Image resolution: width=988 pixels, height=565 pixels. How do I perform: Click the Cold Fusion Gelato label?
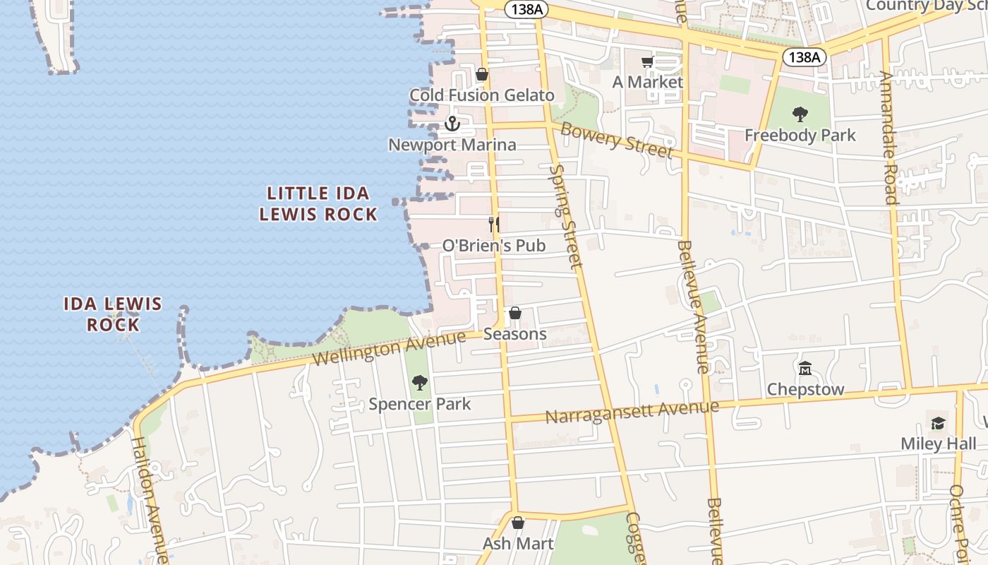click(x=482, y=95)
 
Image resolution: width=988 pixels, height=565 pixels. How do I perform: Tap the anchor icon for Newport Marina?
click(x=452, y=124)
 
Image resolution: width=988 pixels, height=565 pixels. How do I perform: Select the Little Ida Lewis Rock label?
click(x=318, y=203)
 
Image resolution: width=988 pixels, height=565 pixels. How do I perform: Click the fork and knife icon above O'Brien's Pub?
click(x=494, y=225)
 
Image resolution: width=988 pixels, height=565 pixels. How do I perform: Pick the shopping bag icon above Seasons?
click(x=515, y=313)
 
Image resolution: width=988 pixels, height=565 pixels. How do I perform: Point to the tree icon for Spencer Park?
click(x=420, y=383)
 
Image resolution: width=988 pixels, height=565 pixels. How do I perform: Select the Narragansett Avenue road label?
click(x=632, y=411)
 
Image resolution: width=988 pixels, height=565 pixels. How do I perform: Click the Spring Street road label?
click(x=567, y=215)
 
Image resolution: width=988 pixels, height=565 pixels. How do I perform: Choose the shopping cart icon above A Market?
click(x=647, y=62)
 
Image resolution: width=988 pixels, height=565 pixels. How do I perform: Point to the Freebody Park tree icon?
click(x=800, y=114)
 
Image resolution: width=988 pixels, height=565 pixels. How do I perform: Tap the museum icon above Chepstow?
click(x=805, y=369)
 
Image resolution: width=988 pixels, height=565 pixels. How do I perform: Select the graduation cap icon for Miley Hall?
click(x=938, y=423)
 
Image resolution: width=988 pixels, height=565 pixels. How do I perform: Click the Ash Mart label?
click(x=518, y=544)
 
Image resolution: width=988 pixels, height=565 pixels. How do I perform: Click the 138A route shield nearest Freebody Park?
click(x=804, y=57)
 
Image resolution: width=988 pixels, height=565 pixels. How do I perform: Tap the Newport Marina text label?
click(x=452, y=145)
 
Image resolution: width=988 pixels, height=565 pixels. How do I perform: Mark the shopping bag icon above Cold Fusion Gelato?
click(x=482, y=74)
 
